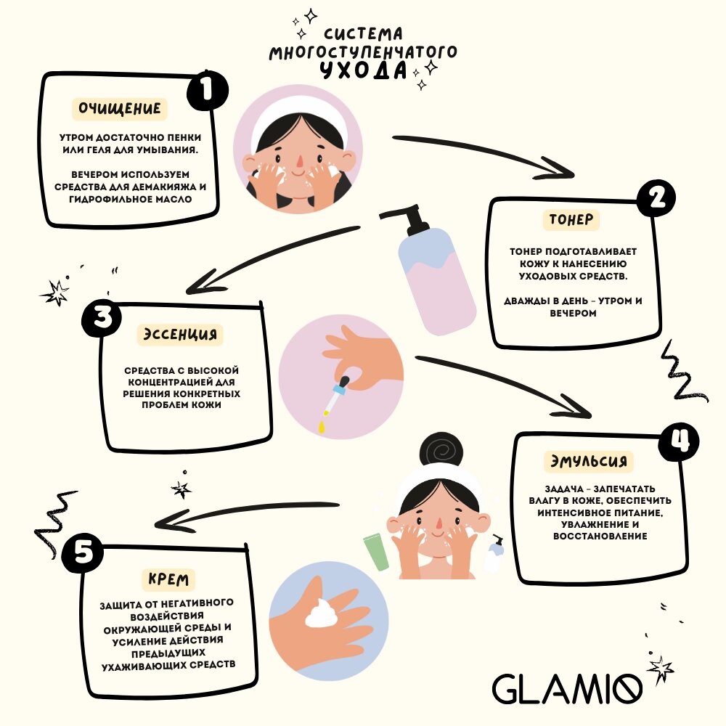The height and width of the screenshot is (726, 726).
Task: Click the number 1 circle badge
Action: tap(208, 90)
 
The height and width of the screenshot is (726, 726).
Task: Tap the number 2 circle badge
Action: tap(656, 198)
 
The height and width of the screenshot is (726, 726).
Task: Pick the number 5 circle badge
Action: tap(83, 552)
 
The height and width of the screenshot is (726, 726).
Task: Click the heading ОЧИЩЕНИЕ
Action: tap(120, 109)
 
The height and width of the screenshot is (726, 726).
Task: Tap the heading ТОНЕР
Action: tap(571, 219)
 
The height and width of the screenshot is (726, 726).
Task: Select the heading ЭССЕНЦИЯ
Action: tap(180, 334)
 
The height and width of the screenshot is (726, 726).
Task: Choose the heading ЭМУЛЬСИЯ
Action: tap(589, 461)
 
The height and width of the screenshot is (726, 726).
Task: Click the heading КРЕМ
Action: tap(168, 579)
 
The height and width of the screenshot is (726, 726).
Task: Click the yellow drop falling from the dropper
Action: tap(321, 427)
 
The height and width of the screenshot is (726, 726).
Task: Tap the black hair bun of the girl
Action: tap(441, 451)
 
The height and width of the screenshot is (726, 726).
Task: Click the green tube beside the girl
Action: tap(376, 552)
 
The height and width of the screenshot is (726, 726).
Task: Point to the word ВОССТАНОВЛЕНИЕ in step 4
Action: tap(600, 537)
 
